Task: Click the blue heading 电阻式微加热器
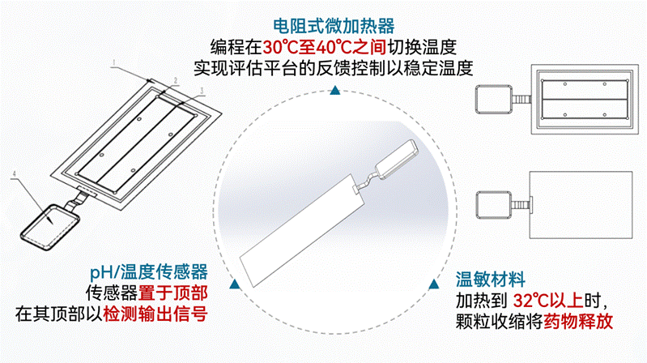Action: (x=334, y=26)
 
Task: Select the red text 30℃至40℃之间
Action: (x=325, y=47)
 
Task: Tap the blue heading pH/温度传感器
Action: (x=148, y=271)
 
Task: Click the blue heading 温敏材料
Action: (x=490, y=280)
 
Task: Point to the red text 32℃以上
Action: (x=548, y=301)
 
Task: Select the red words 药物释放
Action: (x=578, y=322)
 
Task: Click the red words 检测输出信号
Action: (x=155, y=314)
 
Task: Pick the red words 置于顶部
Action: (x=173, y=293)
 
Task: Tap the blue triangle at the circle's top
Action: (x=335, y=91)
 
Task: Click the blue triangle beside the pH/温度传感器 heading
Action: (x=235, y=284)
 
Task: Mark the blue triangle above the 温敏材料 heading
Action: (x=433, y=284)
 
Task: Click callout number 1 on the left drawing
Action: (x=114, y=62)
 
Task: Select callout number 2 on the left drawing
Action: (x=176, y=80)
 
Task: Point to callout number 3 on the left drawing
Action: (x=202, y=90)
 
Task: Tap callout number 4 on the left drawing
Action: (x=15, y=173)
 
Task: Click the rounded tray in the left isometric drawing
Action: (x=49, y=227)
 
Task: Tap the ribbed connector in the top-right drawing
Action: (x=521, y=100)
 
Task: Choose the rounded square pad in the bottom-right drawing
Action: (x=494, y=205)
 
